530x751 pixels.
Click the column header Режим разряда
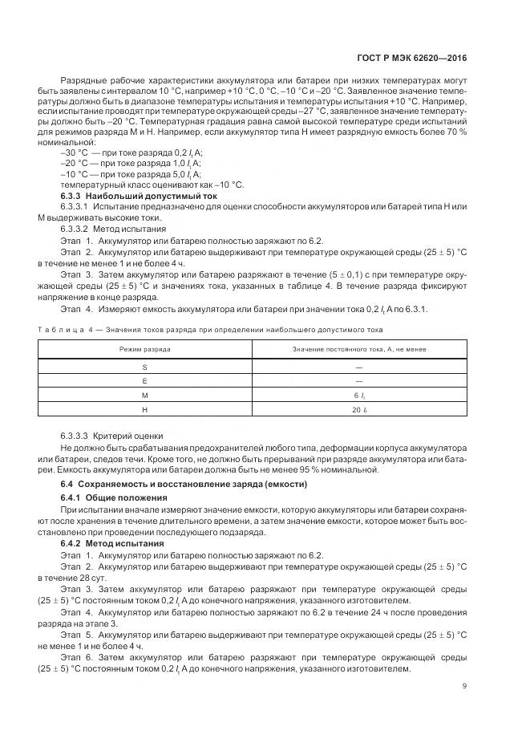[144, 350]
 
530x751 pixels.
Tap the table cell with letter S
[144, 366]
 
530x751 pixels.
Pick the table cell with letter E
[144, 380]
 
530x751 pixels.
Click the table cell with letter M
[144, 395]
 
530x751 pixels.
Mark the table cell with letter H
[144, 409]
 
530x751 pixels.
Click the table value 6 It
[358, 395]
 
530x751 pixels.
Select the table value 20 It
[358, 409]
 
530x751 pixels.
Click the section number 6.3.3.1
[77, 206]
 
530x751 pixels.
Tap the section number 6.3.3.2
[77, 228]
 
